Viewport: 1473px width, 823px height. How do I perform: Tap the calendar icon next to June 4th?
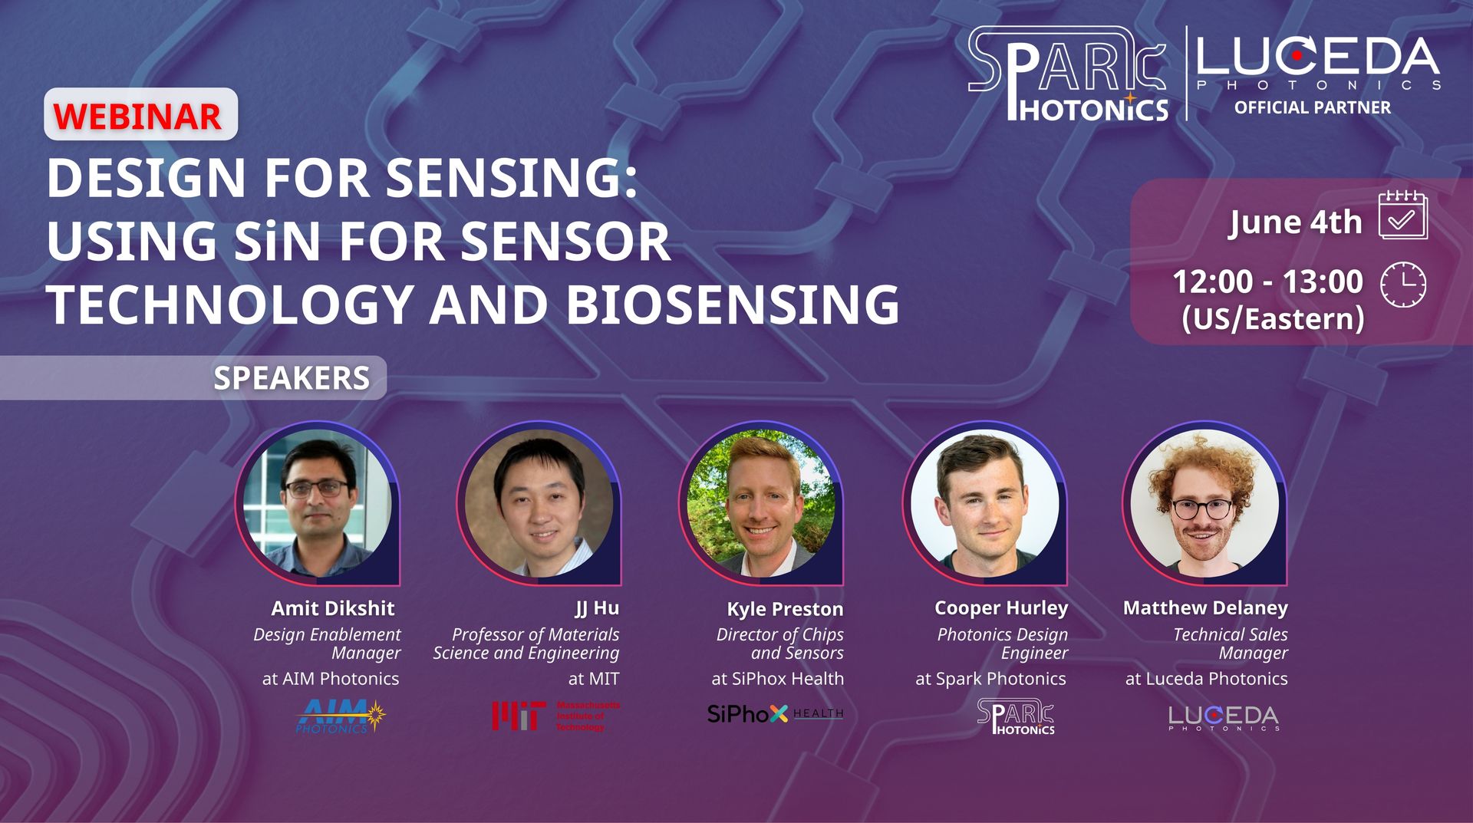coord(1402,215)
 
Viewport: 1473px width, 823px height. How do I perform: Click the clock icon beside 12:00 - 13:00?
coord(1403,285)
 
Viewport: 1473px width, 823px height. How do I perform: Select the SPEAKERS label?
coord(292,378)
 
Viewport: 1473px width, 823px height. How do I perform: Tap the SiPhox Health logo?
coord(775,714)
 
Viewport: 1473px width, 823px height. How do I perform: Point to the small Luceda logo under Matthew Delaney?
coord(1224,718)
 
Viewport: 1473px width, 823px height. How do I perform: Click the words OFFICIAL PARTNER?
coord(1312,107)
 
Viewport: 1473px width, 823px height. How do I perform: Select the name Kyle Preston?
coord(785,609)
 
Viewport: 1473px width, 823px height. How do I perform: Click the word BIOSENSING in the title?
coord(733,305)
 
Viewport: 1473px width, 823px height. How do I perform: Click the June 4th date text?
coord(1296,222)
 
